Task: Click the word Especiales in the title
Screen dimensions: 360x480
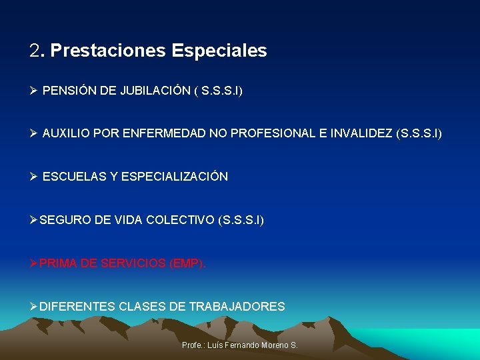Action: pos(219,51)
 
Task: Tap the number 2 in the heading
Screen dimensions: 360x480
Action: pos(35,51)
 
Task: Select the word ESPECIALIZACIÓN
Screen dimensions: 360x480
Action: pos(175,177)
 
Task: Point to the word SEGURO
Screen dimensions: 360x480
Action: pos(63,219)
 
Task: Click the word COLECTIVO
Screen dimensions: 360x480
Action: pos(181,219)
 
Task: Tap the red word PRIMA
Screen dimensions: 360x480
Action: pos(57,263)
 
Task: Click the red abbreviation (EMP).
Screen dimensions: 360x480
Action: pos(188,263)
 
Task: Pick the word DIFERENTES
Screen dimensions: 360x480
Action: pos(77,307)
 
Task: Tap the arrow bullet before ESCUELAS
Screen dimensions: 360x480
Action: pos(33,177)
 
